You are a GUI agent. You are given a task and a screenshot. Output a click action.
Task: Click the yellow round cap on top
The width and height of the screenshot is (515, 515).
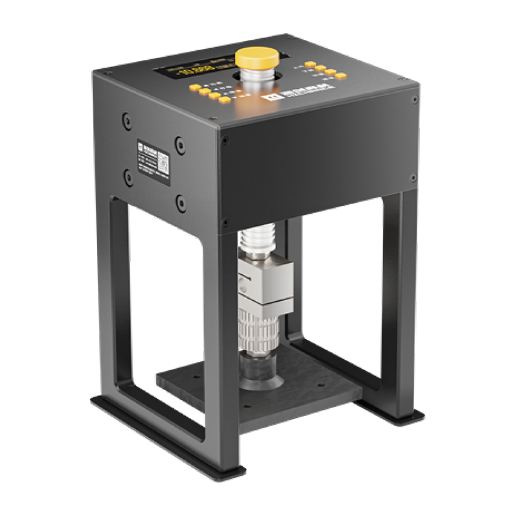[x=257, y=57]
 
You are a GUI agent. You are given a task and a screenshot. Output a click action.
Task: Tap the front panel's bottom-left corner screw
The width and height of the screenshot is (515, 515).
[x=225, y=223]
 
